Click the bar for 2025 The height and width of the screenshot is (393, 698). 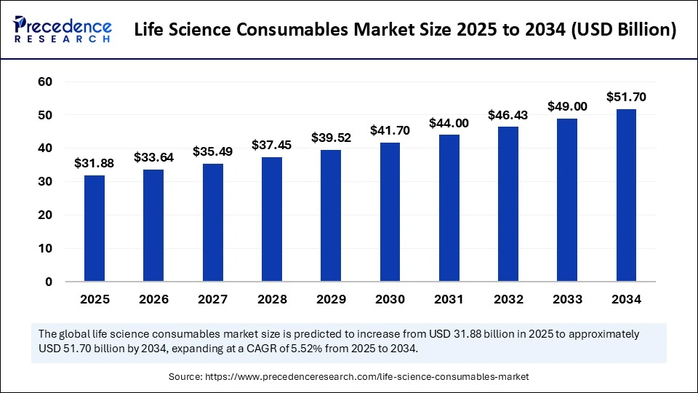point(94,228)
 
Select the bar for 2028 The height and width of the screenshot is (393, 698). point(272,218)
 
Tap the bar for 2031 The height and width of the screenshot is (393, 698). point(449,207)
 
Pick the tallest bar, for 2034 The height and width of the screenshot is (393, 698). point(627,195)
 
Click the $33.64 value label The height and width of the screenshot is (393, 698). point(153,157)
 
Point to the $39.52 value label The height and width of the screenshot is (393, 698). point(331,138)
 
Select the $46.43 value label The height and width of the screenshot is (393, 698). point(508,115)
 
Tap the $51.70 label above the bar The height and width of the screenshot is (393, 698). point(627,97)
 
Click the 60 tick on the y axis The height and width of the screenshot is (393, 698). point(44,82)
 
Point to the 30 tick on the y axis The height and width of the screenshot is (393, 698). point(44,182)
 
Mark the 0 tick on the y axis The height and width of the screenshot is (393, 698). point(48,282)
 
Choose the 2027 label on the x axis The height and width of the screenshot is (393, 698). point(212,299)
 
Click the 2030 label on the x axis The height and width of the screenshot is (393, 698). point(390,299)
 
